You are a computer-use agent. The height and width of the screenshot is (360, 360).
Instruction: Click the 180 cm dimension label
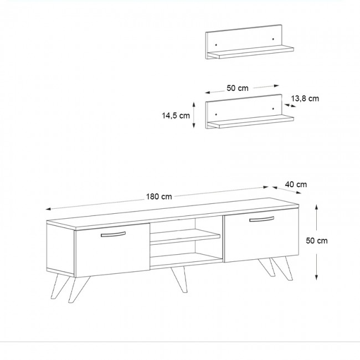pyautogui.click(x=159, y=197)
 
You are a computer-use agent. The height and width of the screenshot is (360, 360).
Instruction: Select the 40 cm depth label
pyautogui.click(x=296, y=184)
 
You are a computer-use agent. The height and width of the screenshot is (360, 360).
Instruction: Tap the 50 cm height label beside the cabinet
pyautogui.click(x=317, y=240)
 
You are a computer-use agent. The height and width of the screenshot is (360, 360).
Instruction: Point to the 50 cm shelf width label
pyautogui.click(x=238, y=88)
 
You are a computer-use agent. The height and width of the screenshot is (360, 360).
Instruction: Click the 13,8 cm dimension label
pyautogui.click(x=305, y=99)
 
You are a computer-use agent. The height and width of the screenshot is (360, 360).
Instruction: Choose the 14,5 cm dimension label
pyautogui.click(x=176, y=116)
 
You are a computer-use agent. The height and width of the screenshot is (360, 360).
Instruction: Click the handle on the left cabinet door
pyautogui.click(x=113, y=234)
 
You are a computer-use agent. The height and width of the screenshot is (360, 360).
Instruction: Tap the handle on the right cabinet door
pyautogui.click(x=262, y=219)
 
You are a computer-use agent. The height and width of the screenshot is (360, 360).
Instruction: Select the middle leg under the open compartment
pyautogui.click(x=179, y=279)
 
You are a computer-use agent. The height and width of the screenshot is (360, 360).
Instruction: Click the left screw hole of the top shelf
pyautogui.click(x=216, y=44)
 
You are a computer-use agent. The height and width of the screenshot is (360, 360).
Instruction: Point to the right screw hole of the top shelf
pyautogui.click(x=273, y=39)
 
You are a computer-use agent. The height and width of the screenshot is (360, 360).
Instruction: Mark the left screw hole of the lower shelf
pyautogui.click(x=216, y=114)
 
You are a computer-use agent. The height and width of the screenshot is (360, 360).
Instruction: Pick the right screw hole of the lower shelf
pyautogui.click(x=273, y=109)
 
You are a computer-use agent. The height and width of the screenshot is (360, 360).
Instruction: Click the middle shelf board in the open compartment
pyautogui.click(x=185, y=236)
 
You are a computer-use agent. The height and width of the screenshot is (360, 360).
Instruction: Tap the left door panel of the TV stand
pyautogui.click(x=112, y=250)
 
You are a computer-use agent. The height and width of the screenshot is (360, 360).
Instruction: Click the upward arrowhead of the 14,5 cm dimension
pyautogui.click(x=194, y=105)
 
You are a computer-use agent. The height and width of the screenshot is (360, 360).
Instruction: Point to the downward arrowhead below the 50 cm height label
pyautogui.click(x=316, y=277)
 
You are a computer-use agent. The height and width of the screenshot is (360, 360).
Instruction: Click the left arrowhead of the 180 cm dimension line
pyautogui.click(x=48, y=209)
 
